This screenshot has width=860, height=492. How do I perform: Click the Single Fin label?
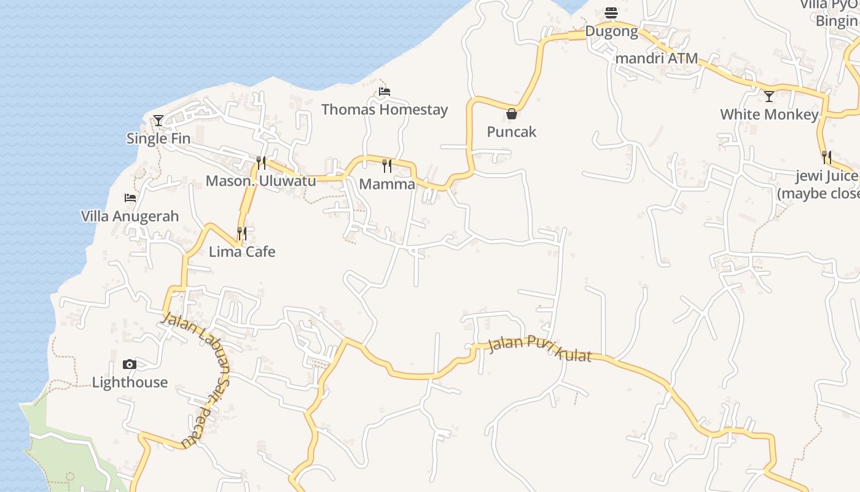click(x=158, y=138)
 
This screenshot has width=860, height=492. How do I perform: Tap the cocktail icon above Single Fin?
click(x=158, y=121)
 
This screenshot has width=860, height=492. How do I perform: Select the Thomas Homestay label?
click(x=385, y=109)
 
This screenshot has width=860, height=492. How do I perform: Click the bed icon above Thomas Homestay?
click(x=385, y=92)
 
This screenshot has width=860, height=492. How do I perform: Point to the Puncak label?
click(x=511, y=132)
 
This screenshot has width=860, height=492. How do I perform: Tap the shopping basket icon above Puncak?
click(x=511, y=114)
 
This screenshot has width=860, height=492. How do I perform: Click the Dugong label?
click(x=611, y=31)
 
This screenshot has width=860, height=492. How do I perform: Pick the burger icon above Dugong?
click(x=611, y=13)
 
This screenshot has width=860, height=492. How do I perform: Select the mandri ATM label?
click(x=657, y=58)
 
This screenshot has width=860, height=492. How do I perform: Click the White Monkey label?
click(x=769, y=114)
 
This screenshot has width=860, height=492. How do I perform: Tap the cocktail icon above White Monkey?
click(x=769, y=97)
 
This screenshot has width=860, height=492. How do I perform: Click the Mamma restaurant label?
click(x=387, y=184)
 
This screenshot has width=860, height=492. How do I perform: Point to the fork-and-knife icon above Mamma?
click(x=387, y=165)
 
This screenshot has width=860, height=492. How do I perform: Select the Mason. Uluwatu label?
click(x=260, y=181)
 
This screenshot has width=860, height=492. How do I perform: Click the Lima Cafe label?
click(x=242, y=252)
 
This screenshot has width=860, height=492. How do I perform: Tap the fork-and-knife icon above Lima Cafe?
click(x=242, y=234)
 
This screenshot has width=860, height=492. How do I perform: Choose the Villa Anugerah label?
click(x=130, y=216)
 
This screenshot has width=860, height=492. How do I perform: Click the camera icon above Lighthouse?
click(x=130, y=364)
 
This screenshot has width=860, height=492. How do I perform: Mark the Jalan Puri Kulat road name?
click(x=539, y=349)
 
